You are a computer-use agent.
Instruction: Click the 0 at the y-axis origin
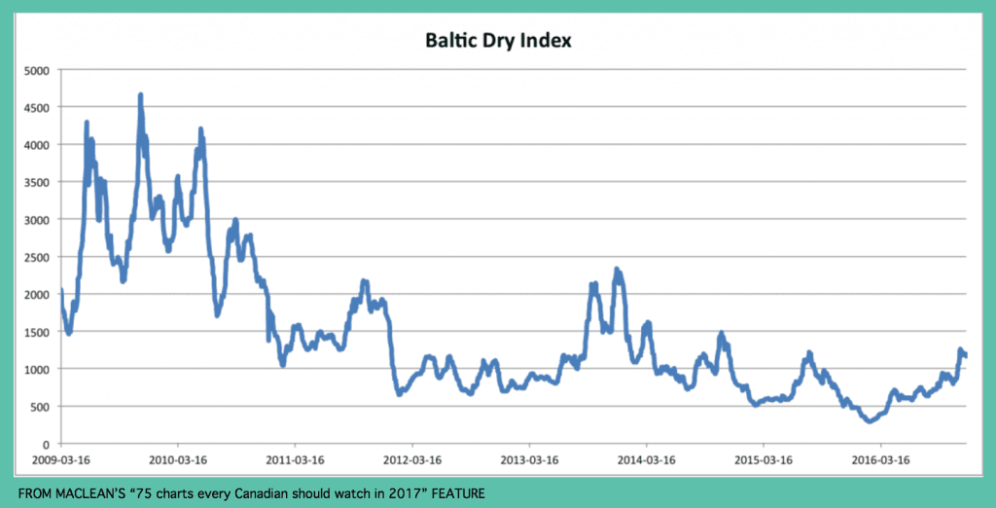(46, 444)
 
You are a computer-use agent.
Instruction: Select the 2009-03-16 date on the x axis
(62, 459)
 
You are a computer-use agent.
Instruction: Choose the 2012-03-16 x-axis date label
(412, 459)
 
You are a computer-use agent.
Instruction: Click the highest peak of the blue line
(140, 95)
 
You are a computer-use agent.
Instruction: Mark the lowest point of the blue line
(869, 420)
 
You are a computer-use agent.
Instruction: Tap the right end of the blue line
(965, 355)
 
